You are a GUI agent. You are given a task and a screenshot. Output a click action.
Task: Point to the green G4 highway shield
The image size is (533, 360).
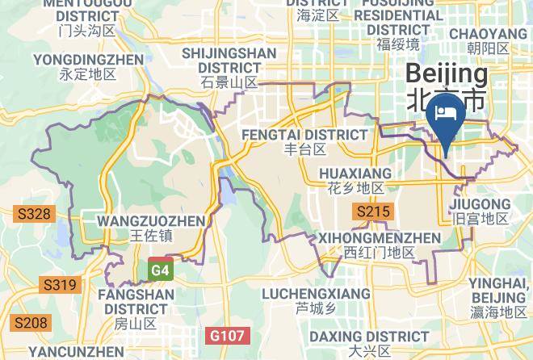(160, 270)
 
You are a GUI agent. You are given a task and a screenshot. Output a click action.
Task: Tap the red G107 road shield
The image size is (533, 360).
(229, 334)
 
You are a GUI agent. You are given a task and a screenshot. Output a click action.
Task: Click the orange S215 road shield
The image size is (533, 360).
(373, 212)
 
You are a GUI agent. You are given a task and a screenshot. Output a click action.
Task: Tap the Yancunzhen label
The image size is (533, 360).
(77, 352)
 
